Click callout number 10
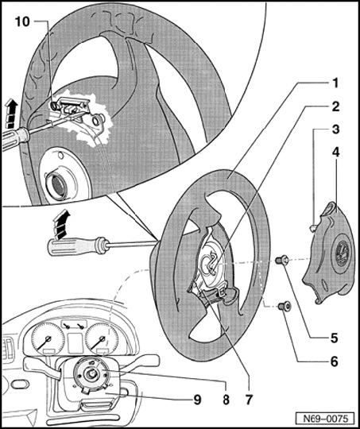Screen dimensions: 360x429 22,21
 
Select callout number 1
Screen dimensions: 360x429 335,83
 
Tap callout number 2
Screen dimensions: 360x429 335,106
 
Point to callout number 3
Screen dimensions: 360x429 335,129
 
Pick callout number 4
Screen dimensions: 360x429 335,152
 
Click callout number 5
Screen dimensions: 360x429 335,338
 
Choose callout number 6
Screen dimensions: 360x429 335,361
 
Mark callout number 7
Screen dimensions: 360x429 248,400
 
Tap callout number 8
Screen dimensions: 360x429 226,400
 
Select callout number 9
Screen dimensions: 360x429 197,400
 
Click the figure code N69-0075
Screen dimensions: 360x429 326,419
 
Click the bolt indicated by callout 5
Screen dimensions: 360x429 281,260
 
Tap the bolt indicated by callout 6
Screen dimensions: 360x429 285,306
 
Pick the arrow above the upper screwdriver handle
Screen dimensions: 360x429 11,114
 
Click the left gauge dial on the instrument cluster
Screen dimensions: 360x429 48,338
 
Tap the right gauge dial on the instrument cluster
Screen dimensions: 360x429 102,339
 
